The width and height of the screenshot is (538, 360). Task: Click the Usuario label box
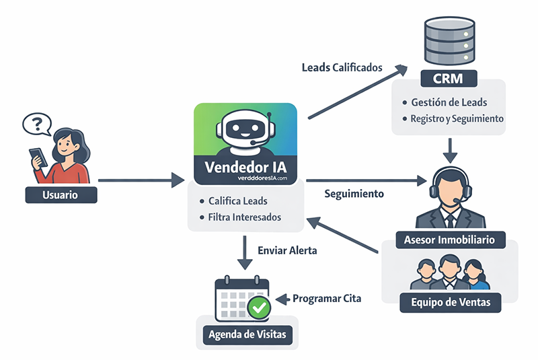pyautogui.click(x=61, y=195)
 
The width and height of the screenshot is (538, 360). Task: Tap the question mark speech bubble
pyautogui.click(x=36, y=124)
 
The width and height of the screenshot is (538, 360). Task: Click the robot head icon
pyautogui.click(x=245, y=131)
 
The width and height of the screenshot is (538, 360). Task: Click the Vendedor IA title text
pyautogui.click(x=245, y=166)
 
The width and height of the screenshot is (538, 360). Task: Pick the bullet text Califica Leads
pyautogui.click(x=237, y=201)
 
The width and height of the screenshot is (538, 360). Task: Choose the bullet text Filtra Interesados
pyautogui.click(x=245, y=217)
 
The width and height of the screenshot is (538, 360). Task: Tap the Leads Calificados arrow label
pyautogui.click(x=342, y=68)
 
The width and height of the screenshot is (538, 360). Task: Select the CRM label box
pyautogui.click(x=450, y=79)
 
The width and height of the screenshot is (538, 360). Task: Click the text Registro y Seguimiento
pyautogui.click(x=457, y=118)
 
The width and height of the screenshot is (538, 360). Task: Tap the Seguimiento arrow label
pyautogui.click(x=354, y=194)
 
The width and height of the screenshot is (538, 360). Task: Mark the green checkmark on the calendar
pyautogui.click(x=259, y=308)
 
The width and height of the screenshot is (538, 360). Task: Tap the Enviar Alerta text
pyautogui.click(x=287, y=250)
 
